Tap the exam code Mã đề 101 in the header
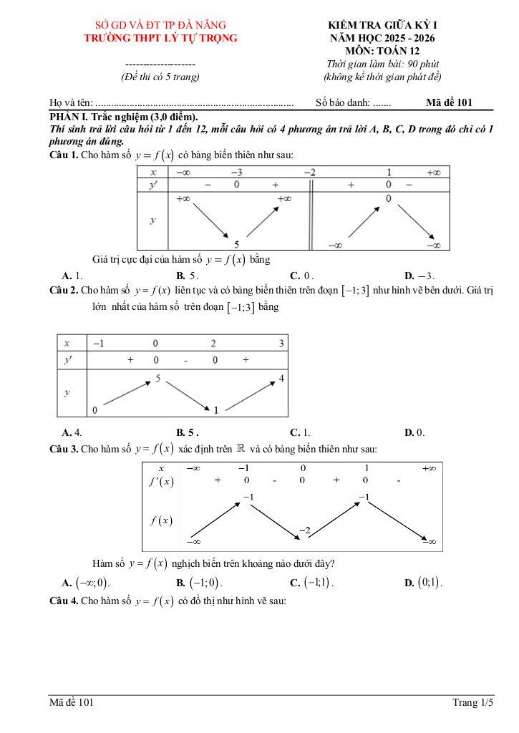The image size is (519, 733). (x=449, y=102)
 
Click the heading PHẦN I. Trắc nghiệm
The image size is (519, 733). (x=123, y=117)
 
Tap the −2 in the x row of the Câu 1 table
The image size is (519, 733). (x=309, y=172)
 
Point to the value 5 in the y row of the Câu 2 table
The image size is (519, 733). (x=157, y=377)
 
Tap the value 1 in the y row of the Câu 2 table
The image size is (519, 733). (x=215, y=409)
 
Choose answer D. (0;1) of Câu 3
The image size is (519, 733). (x=423, y=583)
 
